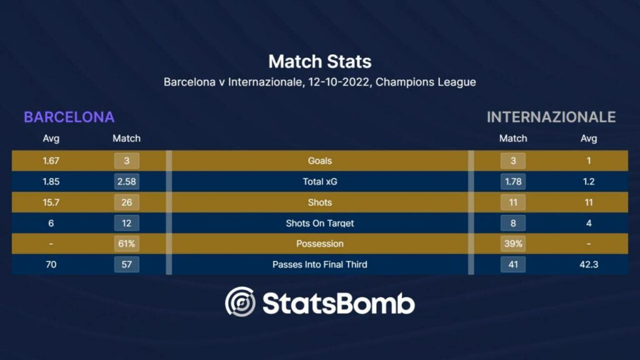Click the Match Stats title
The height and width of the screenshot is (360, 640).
pos(319,62)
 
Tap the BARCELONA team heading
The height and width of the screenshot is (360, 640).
pos(69,117)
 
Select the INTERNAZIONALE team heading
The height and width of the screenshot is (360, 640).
pos(551,117)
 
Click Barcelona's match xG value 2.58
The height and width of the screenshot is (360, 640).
pos(126,182)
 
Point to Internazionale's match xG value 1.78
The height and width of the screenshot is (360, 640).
pos(513,182)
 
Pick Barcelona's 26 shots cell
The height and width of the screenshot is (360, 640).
pos(126,202)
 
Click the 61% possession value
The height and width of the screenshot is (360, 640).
pos(126,244)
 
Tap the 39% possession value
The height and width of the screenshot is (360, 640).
pos(513,244)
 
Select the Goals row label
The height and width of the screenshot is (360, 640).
pos(319,161)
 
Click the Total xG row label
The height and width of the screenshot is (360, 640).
pos(319,182)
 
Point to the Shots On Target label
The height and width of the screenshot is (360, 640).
pos(319,223)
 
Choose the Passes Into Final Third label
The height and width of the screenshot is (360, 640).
pos(319,264)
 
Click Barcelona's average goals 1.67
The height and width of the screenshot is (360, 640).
pos(51,161)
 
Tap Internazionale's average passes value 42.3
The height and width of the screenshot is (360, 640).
pos(589,264)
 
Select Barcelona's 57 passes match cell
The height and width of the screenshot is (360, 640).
pos(126,264)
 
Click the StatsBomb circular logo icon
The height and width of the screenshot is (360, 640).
pos(241,302)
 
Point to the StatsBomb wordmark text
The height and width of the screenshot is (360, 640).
pos(339,304)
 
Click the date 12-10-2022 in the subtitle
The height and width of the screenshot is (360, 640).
pos(339,82)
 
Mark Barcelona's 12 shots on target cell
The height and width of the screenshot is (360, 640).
pos(126,223)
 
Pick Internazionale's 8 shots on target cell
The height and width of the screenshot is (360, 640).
pos(513,223)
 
